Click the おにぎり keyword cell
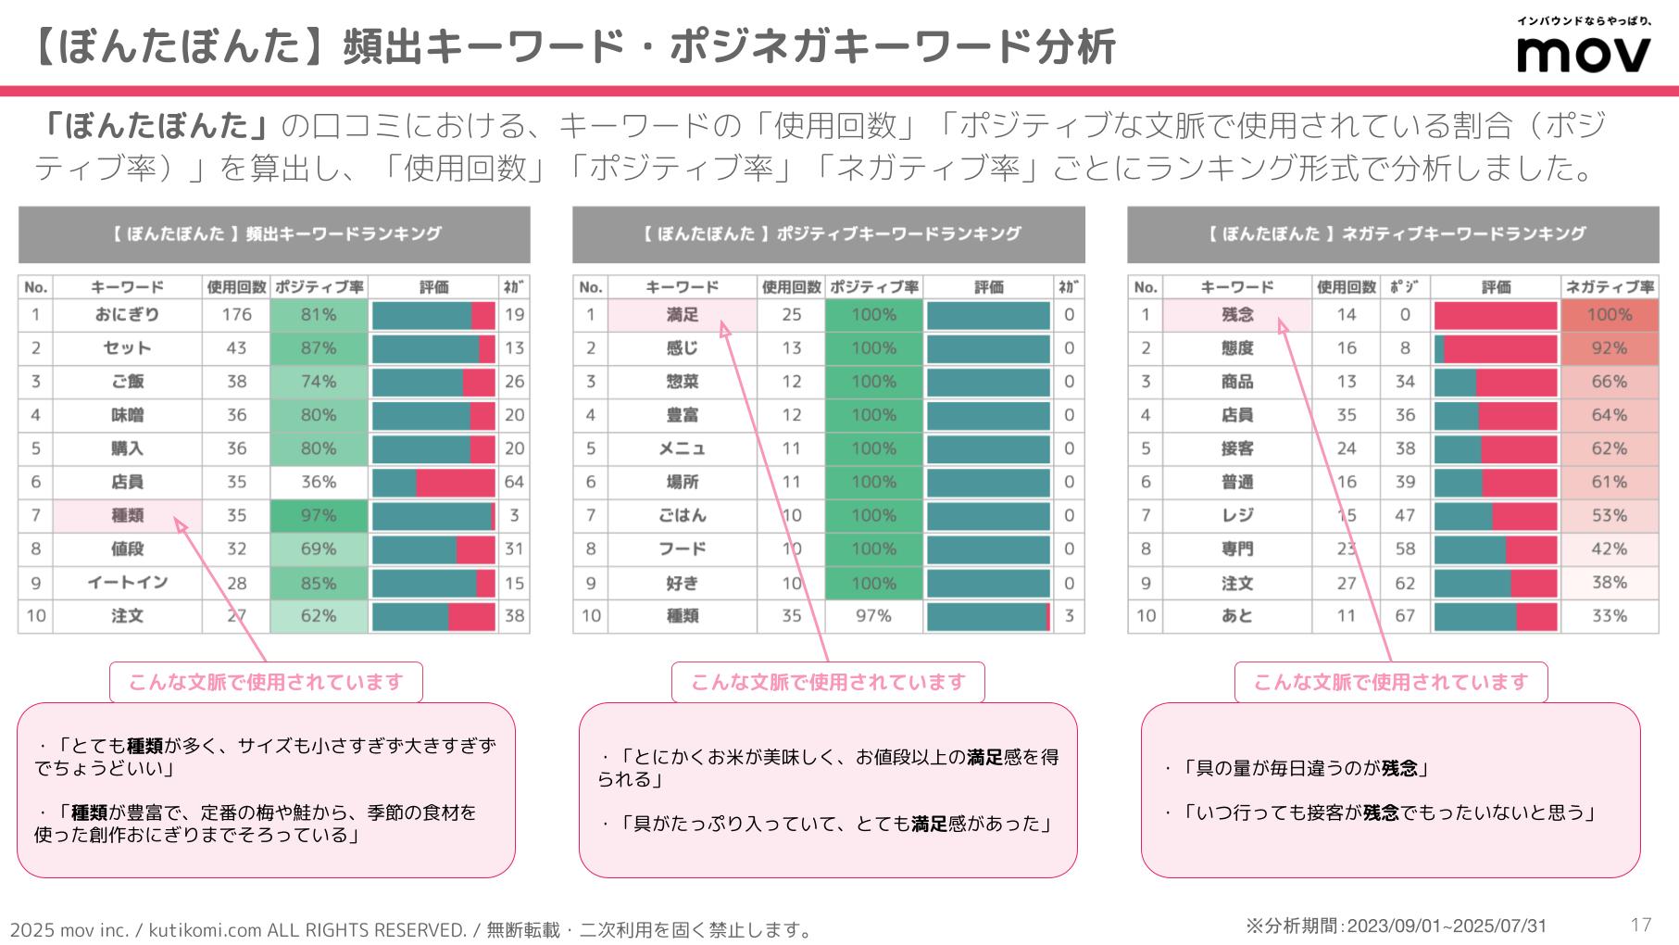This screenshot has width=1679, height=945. tap(127, 315)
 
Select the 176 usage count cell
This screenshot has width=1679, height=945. tap(236, 315)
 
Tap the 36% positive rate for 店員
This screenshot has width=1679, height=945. tap(319, 482)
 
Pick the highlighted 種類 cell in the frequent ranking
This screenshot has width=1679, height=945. tap(127, 516)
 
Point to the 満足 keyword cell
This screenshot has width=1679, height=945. tap(683, 315)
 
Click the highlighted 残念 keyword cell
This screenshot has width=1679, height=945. tap(1237, 315)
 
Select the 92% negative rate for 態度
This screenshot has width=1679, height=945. tap(1609, 348)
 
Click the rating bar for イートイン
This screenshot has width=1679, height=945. tap(433, 583)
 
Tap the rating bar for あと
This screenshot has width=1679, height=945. tap(1496, 616)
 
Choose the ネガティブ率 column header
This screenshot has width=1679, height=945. tap(1609, 287)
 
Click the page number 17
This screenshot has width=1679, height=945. tap(1641, 925)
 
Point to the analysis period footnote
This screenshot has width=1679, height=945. tap(1396, 926)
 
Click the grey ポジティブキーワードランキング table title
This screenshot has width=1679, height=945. tap(828, 234)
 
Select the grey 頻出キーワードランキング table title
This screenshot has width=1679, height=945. tap(274, 234)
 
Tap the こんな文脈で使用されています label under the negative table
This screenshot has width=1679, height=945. tap(1390, 683)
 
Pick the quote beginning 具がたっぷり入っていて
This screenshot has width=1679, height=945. tap(826, 824)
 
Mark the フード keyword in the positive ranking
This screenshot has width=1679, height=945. tap(683, 549)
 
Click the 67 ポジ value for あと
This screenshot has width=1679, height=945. tap(1405, 616)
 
